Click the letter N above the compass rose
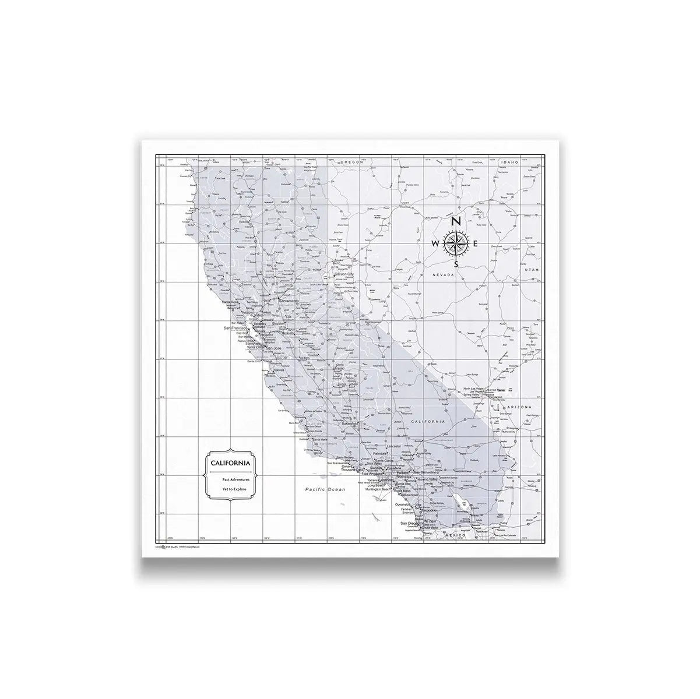[457, 221]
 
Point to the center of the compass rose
[456, 243]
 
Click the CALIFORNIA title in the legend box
[232, 463]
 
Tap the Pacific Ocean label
[325, 490]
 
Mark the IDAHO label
[509, 163]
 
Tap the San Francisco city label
[236, 329]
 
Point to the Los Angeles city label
[371, 474]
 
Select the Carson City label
[343, 274]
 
